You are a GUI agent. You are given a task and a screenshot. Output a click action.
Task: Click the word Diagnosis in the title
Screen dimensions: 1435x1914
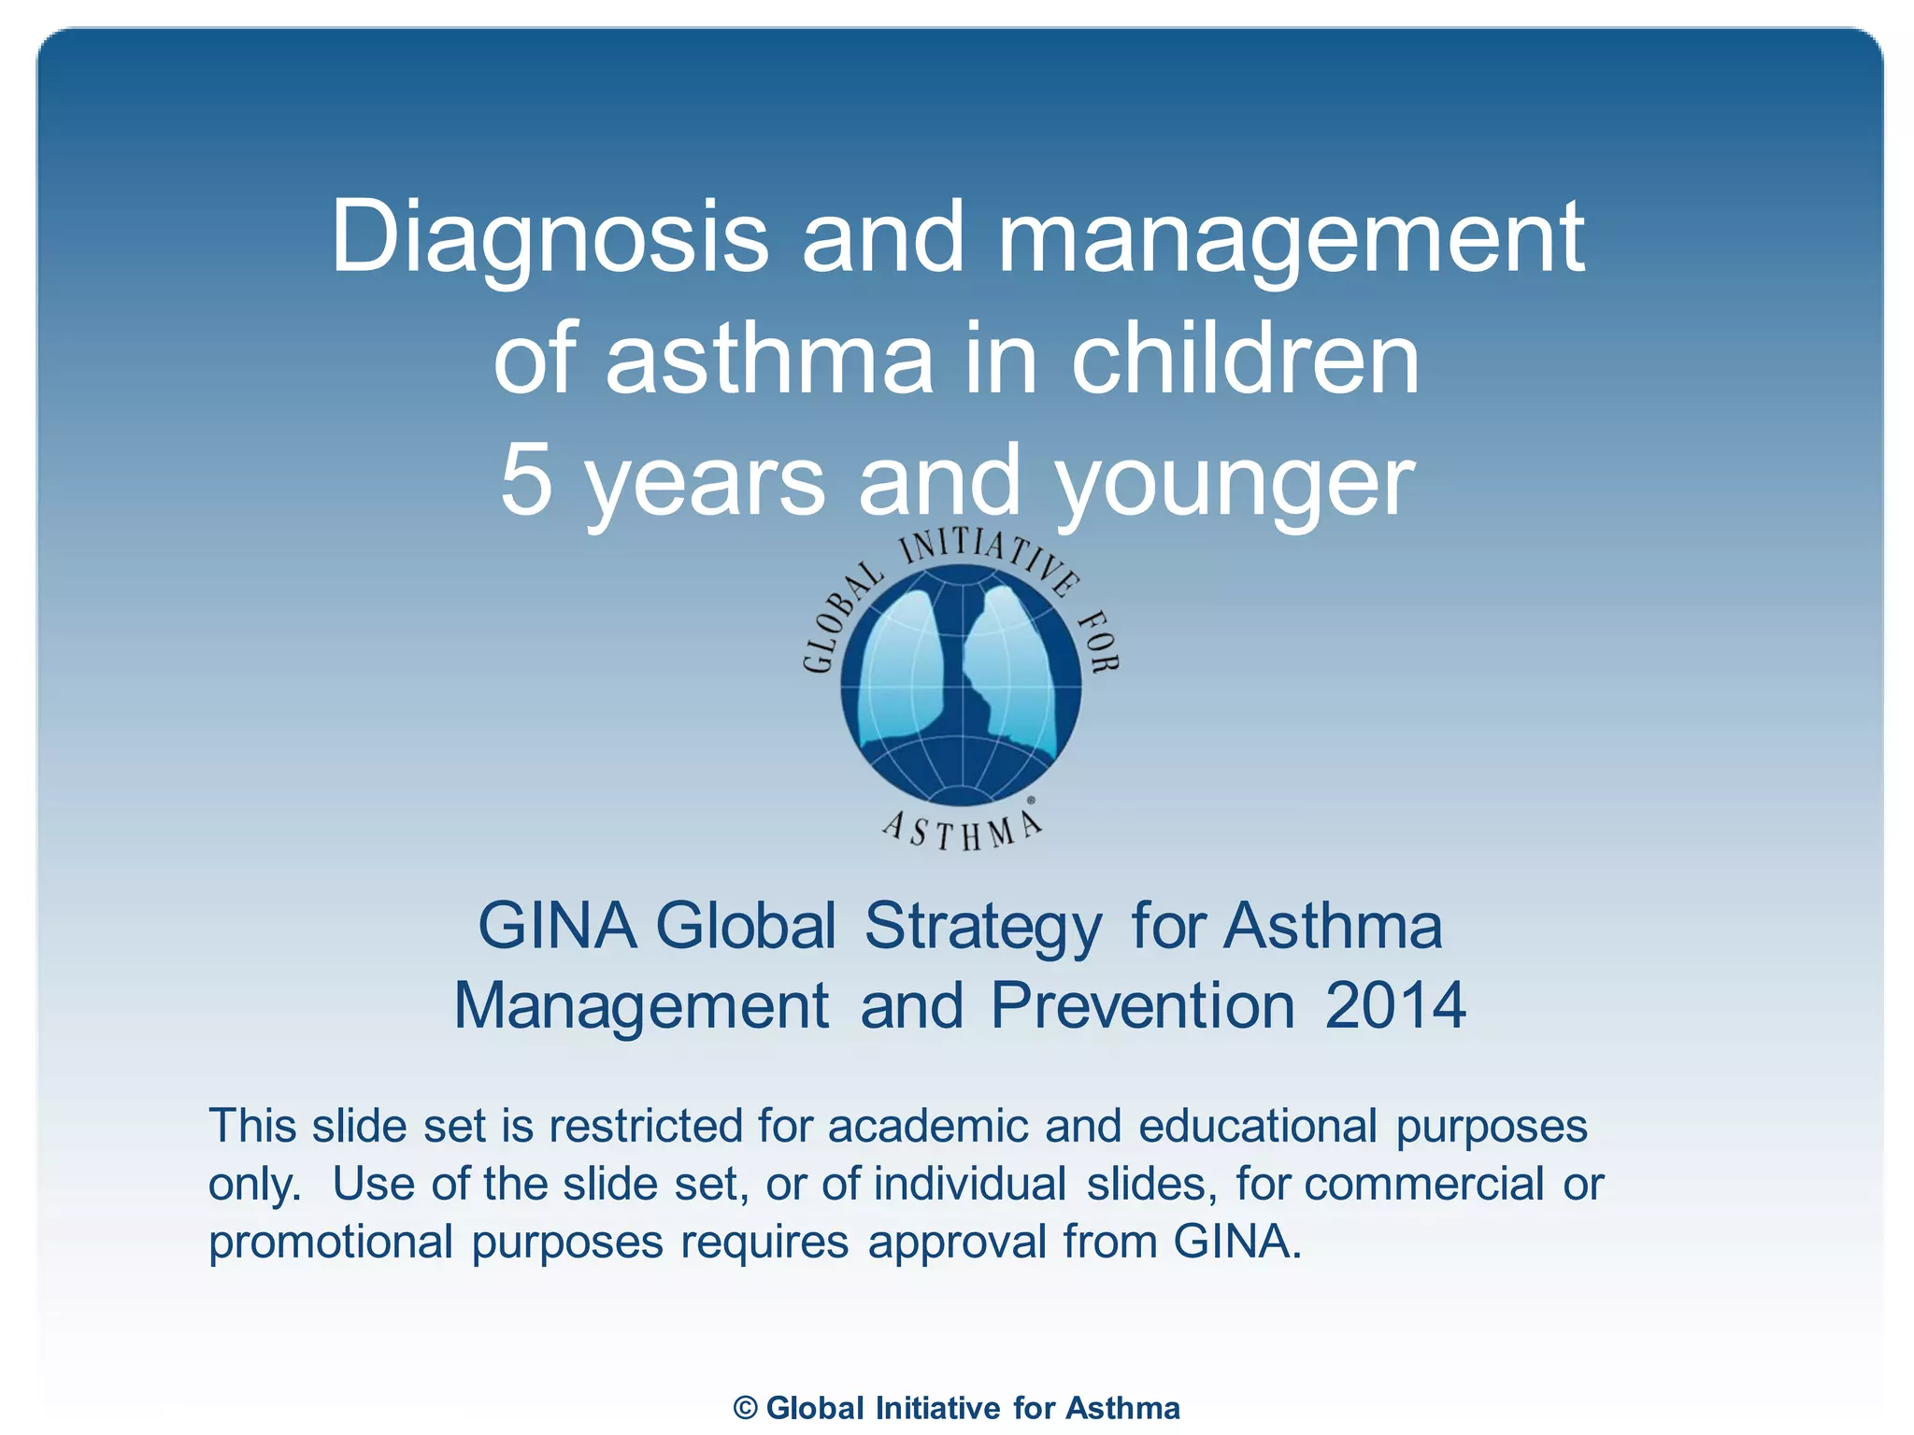pos(550,238)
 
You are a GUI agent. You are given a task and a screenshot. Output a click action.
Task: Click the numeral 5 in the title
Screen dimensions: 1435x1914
pos(526,480)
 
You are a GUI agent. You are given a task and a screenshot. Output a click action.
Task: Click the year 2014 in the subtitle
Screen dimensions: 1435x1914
pos(1394,1006)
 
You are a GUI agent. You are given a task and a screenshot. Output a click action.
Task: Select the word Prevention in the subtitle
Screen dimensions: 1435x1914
pos(1142,1006)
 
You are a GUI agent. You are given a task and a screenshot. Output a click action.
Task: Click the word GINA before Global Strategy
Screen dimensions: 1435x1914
pos(557,927)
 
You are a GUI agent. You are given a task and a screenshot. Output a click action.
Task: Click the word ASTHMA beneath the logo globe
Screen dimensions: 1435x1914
pos(963,831)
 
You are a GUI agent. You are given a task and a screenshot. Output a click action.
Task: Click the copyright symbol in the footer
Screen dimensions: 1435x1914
pos(745,1408)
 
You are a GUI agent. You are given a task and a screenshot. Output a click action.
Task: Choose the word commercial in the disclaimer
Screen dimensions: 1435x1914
pos(1423,1185)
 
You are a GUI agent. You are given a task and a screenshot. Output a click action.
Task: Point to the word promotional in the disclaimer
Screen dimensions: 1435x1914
pos(331,1243)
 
